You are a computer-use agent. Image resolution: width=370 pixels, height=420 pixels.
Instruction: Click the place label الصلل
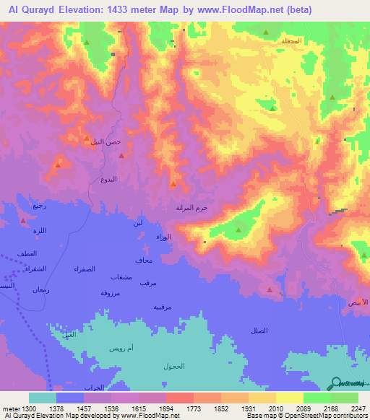[x=258, y=330]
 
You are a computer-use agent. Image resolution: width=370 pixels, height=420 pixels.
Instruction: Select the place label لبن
[x=137, y=223]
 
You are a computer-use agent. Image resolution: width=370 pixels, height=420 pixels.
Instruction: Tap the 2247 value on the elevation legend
[x=358, y=408]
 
